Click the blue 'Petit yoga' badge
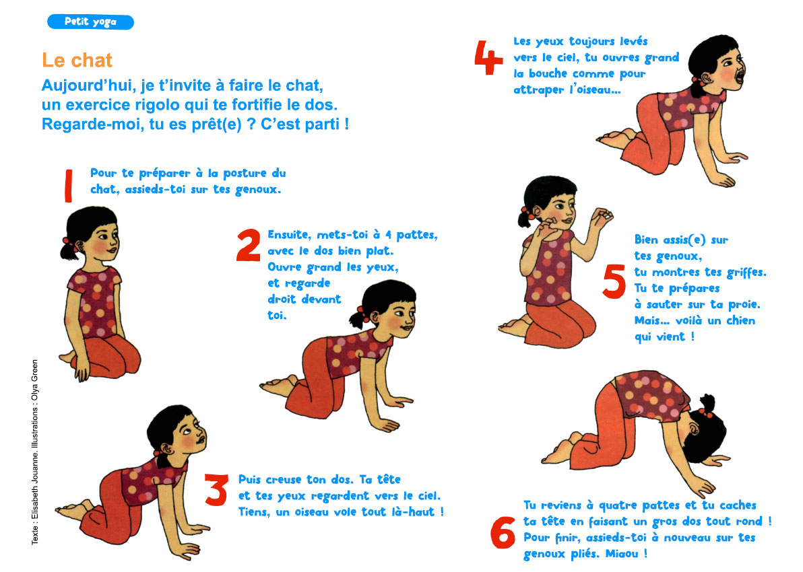91,22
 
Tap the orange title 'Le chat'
77,61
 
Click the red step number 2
249,246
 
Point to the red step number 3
216,490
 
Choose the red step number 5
614,281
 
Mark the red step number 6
503,532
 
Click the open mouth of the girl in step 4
740,77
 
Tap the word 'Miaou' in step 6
622,554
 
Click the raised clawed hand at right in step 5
600,217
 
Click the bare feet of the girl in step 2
279,386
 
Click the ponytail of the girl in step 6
707,404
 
